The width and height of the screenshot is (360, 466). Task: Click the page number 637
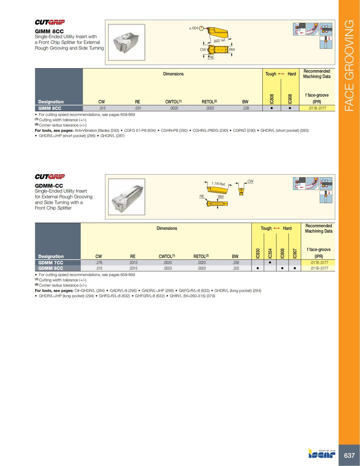tap(349, 455)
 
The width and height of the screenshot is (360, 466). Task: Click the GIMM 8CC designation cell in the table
tap(50, 108)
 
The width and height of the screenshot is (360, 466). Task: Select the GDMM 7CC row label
tap(51, 263)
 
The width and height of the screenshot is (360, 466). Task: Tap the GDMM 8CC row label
tap(51, 268)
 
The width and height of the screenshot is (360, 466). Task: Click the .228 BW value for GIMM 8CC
tap(246, 108)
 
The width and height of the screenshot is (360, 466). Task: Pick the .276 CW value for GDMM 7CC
tap(99, 263)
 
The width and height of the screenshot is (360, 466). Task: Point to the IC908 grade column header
tap(290, 99)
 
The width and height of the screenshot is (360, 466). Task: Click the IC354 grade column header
tap(270, 253)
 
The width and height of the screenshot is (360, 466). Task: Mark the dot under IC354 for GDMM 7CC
tap(270, 263)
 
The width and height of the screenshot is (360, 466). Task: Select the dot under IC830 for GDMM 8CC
tap(258, 268)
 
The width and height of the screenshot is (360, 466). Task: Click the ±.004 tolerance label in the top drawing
tap(193, 28)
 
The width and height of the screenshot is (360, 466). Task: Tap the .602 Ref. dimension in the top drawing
tap(219, 41)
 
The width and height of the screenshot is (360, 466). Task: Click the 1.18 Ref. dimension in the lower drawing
tap(218, 184)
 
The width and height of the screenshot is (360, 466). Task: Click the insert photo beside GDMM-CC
tap(126, 197)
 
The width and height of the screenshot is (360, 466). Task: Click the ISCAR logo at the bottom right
tap(322, 453)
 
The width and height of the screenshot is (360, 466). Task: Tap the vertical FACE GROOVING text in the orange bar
tap(349, 66)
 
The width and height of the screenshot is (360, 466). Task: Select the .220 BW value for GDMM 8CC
tap(236, 268)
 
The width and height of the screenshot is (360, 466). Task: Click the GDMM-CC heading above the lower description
tap(49, 186)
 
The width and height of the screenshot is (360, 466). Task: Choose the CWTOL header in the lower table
tap(167, 256)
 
